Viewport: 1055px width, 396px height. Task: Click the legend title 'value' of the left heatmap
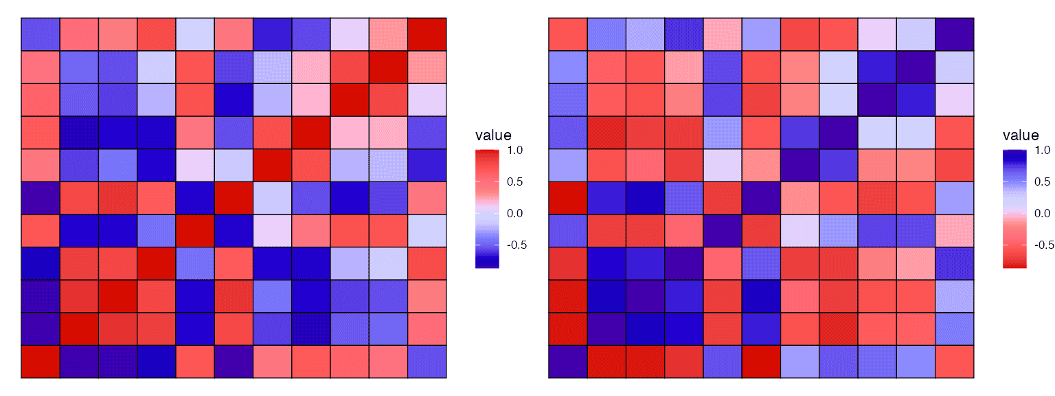pyautogui.click(x=493, y=135)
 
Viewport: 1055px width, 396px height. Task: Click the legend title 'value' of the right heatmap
pyautogui.click(x=1021, y=135)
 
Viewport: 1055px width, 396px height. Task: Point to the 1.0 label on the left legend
pyautogui.click(x=516, y=150)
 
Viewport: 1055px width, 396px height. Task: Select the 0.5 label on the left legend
pyautogui.click(x=516, y=182)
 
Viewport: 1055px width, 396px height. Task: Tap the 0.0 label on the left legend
pyautogui.click(x=516, y=214)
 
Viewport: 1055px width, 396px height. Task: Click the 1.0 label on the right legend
pyautogui.click(x=1043, y=150)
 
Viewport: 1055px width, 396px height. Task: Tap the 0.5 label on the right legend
pyautogui.click(x=1043, y=182)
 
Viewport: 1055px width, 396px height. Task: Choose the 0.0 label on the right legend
pyautogui.click(x=1043, y=214)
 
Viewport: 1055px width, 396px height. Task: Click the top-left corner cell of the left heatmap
pyautogui.click(x=40, y=34)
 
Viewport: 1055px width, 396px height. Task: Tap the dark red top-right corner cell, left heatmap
pyautogui.click(x=427, y=34)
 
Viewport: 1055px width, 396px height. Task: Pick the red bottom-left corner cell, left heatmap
pyautogui.click(x=40, y=362)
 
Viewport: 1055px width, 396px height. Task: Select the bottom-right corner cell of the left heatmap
pyautogui.click(x=427, y=362)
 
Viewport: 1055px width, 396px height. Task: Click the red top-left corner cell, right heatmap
pyautogui.click(x=567, y=34)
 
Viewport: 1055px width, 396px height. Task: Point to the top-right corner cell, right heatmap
pyautogui.click(x=955, y=34)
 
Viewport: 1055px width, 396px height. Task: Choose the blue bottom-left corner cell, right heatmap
pyautogui.click(x=567, y=362)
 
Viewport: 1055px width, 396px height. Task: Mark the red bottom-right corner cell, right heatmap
pyautogui.click(x=955, y=362)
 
